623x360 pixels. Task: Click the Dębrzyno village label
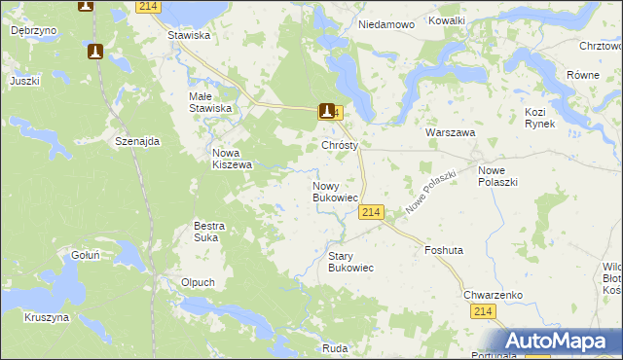click(33, 31)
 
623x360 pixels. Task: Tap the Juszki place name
click(24, 81)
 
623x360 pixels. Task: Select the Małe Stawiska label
click(210, 102)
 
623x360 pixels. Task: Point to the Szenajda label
click(137, 141)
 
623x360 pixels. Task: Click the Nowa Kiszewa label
click(233, 159)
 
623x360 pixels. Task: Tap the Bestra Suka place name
click(209, 232)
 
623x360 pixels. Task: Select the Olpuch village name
click(198, 282)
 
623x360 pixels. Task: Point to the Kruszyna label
click(47, 317)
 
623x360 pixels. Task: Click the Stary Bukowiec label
click(350, 262)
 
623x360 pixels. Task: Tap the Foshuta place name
click(444, 250)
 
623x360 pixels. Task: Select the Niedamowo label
click(386, 23)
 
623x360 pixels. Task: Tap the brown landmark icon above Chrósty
click(328, 112)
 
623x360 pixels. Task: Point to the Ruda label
click(335, 348)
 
